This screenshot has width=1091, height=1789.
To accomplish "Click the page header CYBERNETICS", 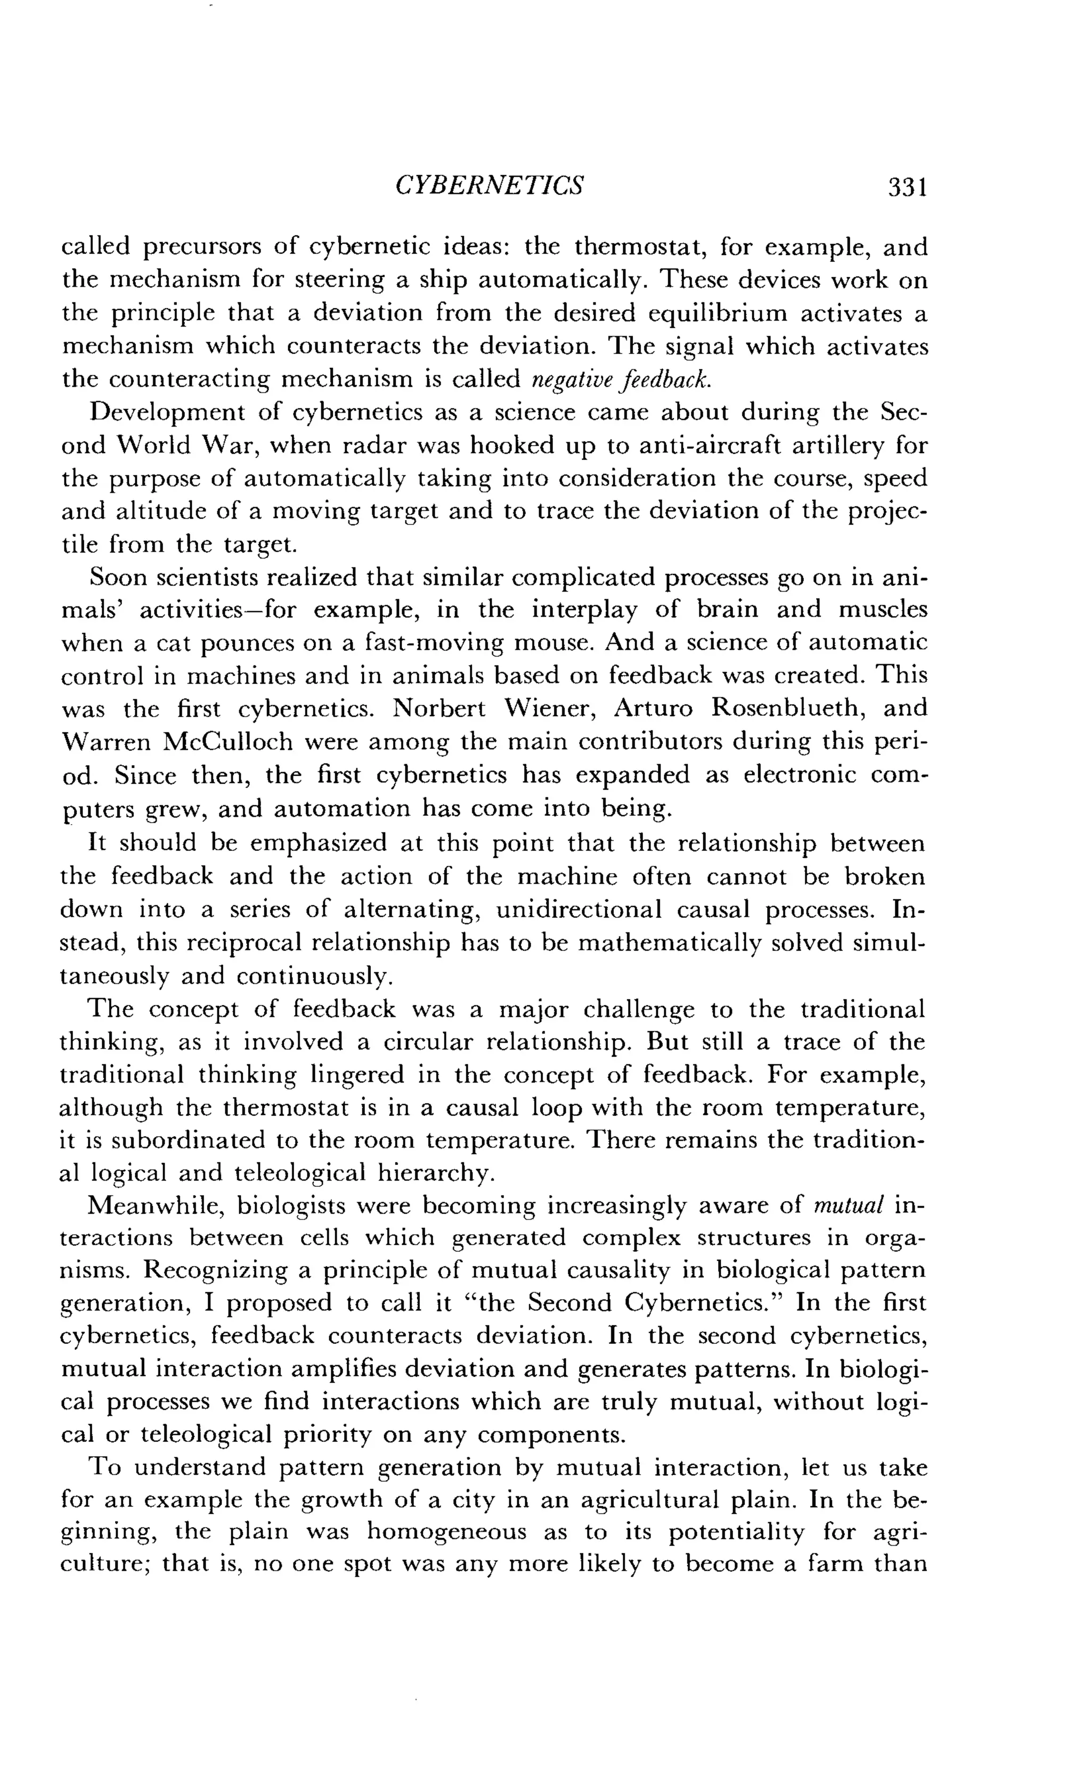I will coord(489,186).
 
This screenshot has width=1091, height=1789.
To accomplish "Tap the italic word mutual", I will coord(848,1205).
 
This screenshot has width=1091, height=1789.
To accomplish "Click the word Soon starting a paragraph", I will coord(116,577).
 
